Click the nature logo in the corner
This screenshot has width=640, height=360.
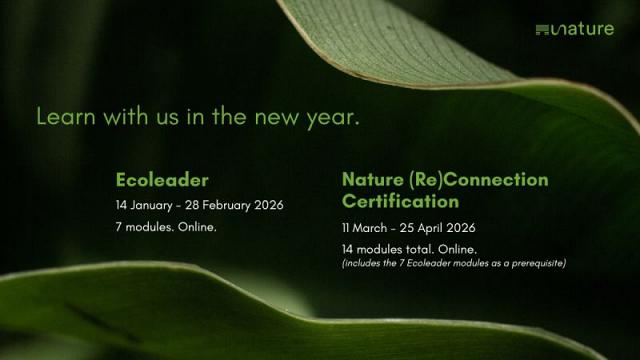(x=575, y=29)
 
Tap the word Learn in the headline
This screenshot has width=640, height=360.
(x=66, y=116)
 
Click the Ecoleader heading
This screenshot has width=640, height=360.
(x=162, y=180)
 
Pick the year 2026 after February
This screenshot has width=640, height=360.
(x=269, y=205)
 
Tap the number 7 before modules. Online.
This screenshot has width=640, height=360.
(x=118, y=227)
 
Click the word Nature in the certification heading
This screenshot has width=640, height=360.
(x=373, y=180)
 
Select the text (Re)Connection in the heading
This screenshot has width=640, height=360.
(x=478, y=180)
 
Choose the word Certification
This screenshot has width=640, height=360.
(x=400, y=201)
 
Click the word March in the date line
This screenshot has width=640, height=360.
(x=369, y=228)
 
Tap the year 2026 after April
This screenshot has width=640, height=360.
(x=461, y=228)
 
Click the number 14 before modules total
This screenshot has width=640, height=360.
(x=347, y=249)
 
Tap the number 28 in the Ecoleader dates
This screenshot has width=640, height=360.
(x=192, y=205)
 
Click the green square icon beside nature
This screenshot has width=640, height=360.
(x=542, y=30)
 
